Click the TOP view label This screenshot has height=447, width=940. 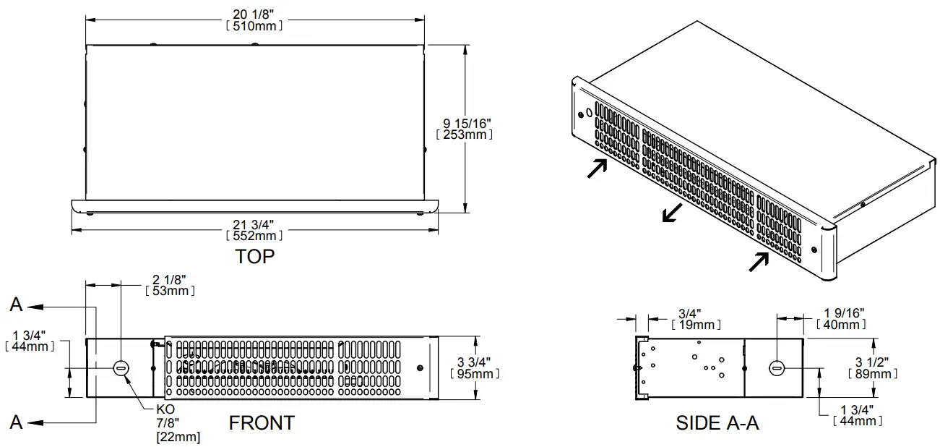pyautogui.click(x=254, y=256)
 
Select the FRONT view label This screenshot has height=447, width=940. pyautogui.click(x=262, y=422)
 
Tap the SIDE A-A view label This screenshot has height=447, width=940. pyautogui.click(x=717, y=423)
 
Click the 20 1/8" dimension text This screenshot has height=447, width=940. pyautogui.click(x=254, y=13)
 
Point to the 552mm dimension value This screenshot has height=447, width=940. pyautogui.click(x=254, y=235)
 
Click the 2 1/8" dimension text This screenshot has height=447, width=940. pyautogui.click(x=170, y=278)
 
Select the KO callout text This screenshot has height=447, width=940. pyautogui.click(x=165, y=409)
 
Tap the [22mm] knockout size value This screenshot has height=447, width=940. pyautogui.click(x=178, y=437)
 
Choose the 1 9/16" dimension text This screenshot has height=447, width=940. pyautogui.click(x=844, y=312)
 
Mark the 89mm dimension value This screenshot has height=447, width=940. pyautogui.click(x=872, y=373)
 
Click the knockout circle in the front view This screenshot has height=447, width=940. pyautogui.click(x=121, y=368)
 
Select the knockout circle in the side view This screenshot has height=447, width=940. pyautogui.click(x=777, y=367)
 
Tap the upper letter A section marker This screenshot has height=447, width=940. pyautogui.click(x=16, y=306)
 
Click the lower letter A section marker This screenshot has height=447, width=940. pyautogui.click(x=16, y=422)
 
